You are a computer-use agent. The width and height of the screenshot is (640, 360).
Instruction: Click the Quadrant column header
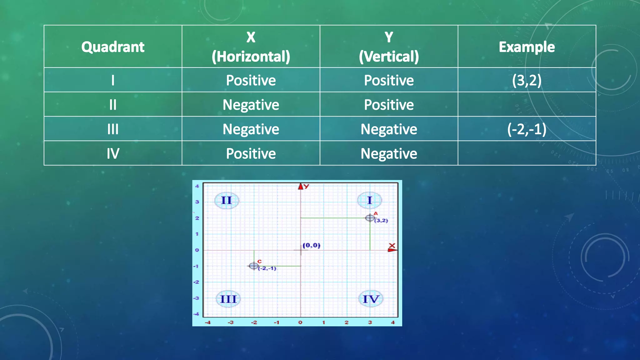113,47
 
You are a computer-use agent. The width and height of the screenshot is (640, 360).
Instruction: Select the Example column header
527,47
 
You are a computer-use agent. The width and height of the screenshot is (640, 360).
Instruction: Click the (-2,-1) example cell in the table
527,129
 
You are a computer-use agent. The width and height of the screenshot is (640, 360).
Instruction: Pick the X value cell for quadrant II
251,105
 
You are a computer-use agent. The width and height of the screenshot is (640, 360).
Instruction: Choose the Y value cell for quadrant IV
388,153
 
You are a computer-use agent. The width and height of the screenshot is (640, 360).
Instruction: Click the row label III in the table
113,129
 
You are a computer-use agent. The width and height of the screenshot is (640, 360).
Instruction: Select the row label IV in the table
113,153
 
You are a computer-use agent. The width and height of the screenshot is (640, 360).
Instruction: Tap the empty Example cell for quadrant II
527,105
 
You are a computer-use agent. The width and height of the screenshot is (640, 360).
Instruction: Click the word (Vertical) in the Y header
388,57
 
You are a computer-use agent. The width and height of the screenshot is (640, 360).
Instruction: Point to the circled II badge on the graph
227,200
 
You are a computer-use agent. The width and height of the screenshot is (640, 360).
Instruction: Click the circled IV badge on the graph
371,299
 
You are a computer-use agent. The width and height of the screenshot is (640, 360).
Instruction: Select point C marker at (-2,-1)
254,266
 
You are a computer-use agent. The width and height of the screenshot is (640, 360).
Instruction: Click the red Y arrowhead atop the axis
301,187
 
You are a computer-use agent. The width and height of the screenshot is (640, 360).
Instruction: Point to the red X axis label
392,246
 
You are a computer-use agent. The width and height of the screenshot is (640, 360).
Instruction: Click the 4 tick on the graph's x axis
393,322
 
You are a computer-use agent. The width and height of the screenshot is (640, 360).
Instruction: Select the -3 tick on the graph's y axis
196,298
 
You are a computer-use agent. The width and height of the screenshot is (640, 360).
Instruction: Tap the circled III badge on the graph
228,299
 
